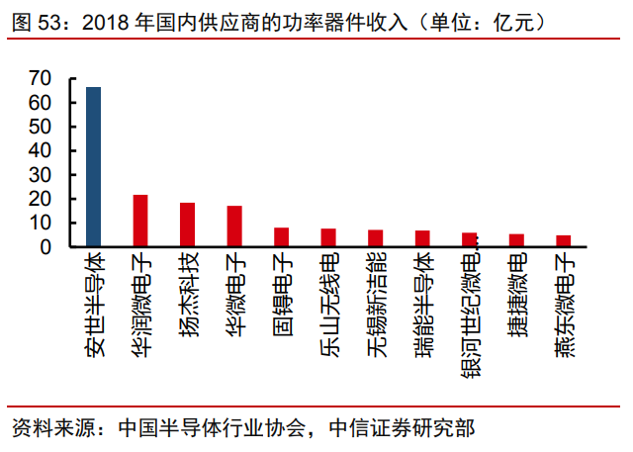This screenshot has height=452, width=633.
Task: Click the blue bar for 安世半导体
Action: pyautogui.click(x=93, y=167)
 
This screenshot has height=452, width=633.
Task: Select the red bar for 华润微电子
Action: pyautogui.click(x=140, y=221)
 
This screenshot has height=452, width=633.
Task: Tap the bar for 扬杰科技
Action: pyautogui.click(x=187, y=225)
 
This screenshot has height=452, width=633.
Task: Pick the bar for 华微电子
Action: pyautogui.click(x=234, y=226)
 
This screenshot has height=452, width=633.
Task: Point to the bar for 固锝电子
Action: pyautogui.click(x=281, y=237)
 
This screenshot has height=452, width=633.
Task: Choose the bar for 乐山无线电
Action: pyautogui.click(x=328, y=237)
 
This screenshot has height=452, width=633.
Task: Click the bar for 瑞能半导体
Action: pyautogui.click(x=422, y=238)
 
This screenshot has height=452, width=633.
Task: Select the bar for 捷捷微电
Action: pyautogui.click(x=516, y=240)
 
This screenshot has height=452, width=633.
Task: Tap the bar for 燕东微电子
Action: pyautogui.click(x=563, y=241)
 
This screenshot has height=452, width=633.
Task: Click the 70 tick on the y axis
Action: pyautogui.click(x=41, y=78)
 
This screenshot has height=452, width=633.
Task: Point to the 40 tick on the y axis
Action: pyautogui.click(x=41, y=150)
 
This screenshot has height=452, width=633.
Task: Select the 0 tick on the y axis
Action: pyautogui.click(x=46, y=247)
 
